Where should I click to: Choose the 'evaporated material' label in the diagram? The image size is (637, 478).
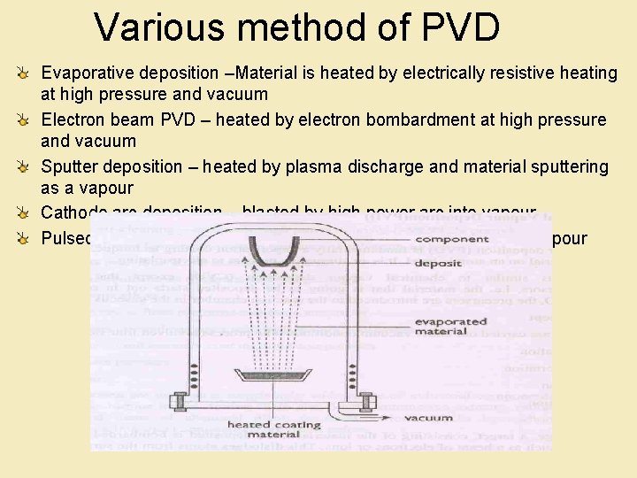[451, 327]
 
